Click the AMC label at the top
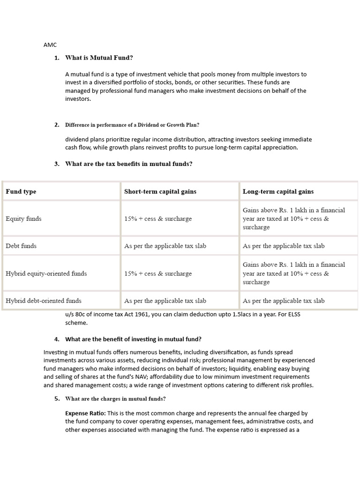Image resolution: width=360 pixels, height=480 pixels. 50,45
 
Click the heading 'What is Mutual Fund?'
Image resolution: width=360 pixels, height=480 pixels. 99,58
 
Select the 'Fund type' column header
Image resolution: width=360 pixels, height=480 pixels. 21,191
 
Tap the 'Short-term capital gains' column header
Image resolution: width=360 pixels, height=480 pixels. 160,191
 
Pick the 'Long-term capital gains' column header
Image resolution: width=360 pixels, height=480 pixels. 278,191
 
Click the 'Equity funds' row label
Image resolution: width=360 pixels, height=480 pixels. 23,218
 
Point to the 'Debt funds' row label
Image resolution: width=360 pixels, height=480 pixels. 21,246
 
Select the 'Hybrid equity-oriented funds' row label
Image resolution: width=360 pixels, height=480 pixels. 46,273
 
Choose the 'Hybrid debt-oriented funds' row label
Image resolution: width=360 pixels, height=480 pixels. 43,300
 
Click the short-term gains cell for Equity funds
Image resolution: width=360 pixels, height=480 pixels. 157,218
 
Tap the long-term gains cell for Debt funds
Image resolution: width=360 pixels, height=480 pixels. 283,246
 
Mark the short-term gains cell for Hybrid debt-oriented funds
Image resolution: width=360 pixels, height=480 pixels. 165,300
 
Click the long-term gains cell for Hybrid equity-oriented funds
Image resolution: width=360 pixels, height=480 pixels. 293,273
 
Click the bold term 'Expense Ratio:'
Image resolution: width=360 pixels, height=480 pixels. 86,413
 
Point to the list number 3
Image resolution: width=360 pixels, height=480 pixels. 57,164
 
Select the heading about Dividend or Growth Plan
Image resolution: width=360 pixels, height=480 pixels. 132,125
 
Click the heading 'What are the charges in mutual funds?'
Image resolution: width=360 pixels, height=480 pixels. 115,399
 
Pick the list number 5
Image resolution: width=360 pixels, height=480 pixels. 57,399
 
